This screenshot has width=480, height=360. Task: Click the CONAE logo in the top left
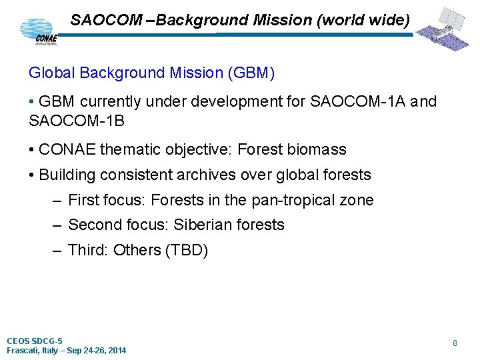coord(39,31)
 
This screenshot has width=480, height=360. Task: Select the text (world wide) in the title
coord(363,20)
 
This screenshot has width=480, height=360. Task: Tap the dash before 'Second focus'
coord(56,225)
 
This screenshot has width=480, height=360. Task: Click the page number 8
coord(455,343)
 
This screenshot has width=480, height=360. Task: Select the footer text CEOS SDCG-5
coord(35,341)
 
